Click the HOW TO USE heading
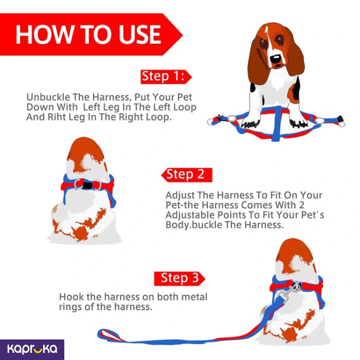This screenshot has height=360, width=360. (x=88, y=34)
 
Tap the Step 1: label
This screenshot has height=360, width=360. (x=163, y=76)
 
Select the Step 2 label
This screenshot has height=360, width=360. (x=185, y=174)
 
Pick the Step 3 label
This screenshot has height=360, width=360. (x=179, y=278)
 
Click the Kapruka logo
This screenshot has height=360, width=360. (x=32, y=349)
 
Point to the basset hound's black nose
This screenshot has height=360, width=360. (x=275, y=59)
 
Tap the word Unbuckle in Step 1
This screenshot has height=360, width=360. (x=48, y=97)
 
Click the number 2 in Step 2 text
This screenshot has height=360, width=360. (x=301, y=205)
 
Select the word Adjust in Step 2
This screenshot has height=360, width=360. (x=180, y=195)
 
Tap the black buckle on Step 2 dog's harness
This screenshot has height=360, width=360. (x=87, y=185)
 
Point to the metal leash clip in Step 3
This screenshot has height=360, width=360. (x=287, y=293)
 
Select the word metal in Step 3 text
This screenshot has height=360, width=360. (x=194, y=297)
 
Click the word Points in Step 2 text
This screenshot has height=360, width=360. (x=233, y=215)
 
